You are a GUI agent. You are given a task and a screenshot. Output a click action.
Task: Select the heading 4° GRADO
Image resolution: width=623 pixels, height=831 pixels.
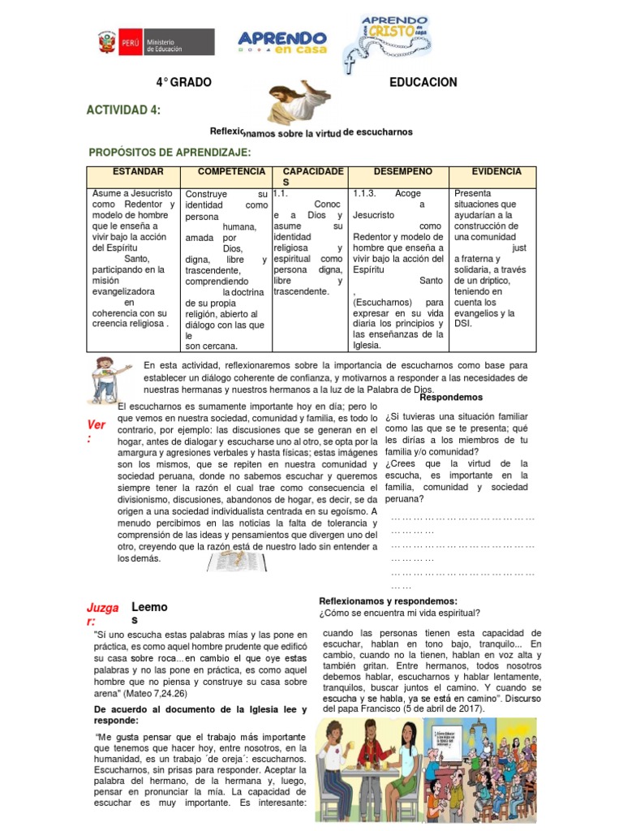pyautogui.click(x=184, y=83)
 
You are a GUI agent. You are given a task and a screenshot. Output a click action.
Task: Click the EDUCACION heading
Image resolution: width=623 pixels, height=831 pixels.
pyautogui.click(x=423, y=83)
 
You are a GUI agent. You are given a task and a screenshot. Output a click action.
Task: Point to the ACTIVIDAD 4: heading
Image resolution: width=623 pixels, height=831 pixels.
pyautogui.click(x=123, y=110)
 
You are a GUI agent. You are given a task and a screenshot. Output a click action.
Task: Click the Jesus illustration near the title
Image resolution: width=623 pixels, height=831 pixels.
pyautogui.click(x=296, y=104)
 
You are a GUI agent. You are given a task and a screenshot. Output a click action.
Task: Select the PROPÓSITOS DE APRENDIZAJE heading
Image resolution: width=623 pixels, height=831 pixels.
pyautogui.click(x=174, y=153)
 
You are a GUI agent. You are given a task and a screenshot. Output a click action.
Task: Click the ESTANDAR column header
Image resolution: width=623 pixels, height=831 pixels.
pyautogui.click(x=138, y=172)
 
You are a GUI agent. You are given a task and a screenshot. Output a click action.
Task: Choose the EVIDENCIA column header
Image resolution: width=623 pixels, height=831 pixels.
pyautogui.click(x=491, y=172)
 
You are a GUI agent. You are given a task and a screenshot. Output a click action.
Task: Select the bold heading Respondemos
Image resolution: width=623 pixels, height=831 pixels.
pyautogui.click(x=451, y=398)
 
